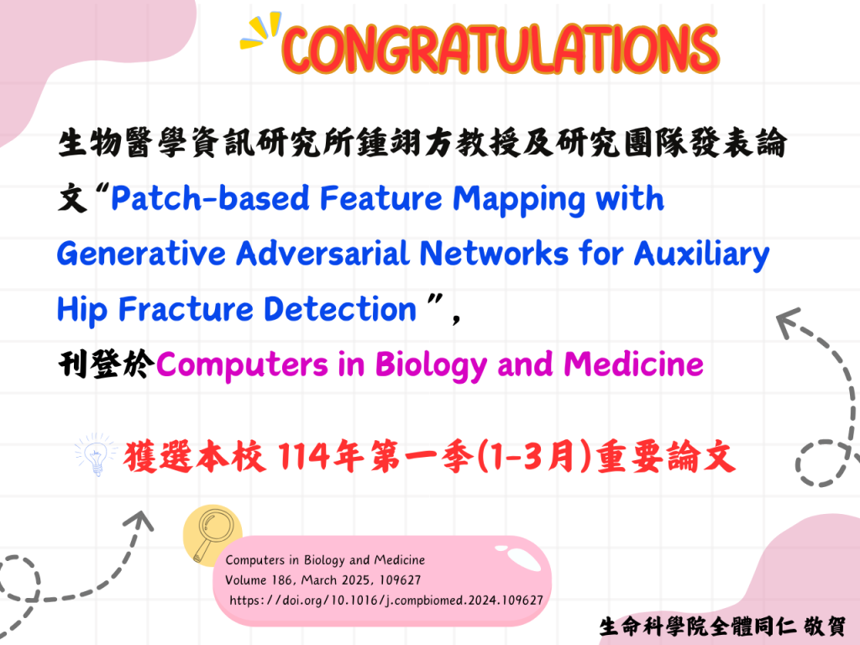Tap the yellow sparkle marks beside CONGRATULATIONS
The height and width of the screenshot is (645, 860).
coord(260,30)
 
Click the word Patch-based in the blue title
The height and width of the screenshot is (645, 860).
coord(211,198)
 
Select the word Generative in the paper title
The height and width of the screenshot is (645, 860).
coord(141,254)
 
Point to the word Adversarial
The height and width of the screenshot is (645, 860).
coord(322,254)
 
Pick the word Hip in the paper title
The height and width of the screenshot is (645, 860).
coord(81,310)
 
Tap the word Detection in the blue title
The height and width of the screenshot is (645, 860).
coord(340,309)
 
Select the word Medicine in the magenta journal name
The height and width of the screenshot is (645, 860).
coord(633,364)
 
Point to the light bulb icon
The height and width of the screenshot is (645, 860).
coord(97,454)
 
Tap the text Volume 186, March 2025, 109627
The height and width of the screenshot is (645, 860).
coord(323,580)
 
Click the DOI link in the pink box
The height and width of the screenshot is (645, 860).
coord(386,600)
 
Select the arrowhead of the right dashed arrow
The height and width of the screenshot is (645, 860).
coord(789,322)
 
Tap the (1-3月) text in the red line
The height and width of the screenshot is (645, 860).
coord(535,456)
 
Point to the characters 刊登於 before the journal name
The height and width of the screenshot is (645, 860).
coord(107,364)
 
